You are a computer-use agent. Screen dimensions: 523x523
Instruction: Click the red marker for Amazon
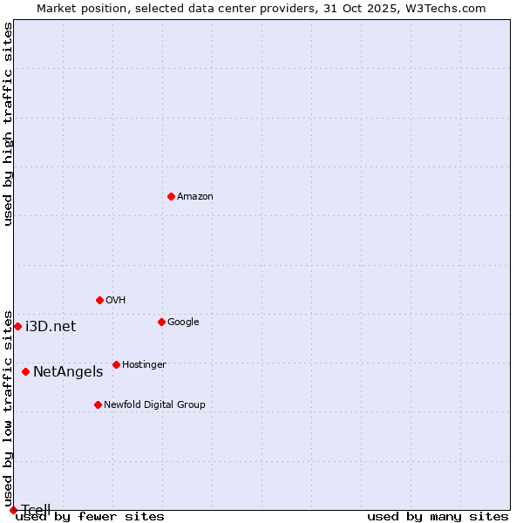pyautogui.click(x=171, y=196)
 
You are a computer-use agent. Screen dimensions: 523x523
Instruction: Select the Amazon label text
pyautogui.click(x=195, y=197)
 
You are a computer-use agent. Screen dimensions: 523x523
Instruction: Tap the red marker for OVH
pyautogui.click(x=99, y=300)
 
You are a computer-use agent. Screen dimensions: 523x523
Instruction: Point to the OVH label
pyautogui.click(x=116, y=301)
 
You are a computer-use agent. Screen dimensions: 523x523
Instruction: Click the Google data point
pyautogui.click(x=161, y=322)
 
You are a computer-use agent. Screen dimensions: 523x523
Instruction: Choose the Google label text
pyautogui.click(x=183, y=323)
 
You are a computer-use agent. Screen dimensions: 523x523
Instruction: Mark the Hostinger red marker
pyautogui.click(x=116, y=364)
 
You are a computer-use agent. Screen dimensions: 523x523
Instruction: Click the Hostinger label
pyautogui.click(x=144, y=365)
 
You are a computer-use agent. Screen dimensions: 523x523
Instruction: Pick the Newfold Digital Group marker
pyautogui.click(x=98, y=404)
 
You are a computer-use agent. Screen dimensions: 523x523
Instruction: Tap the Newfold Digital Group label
pyautogui.click(x=154, y=405)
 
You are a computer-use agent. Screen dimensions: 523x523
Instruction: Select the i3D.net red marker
pyautogui.click(x=17, y=326)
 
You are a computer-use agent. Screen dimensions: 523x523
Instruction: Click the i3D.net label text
pyautogui.click(x=51, y=327)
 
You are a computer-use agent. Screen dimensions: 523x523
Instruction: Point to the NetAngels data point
pyautogui.click(x=25, y=371)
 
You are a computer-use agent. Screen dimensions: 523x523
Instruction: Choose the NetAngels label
pyautogui.click(x=68, y=372)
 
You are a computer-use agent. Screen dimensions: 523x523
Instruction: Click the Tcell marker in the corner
pyautogui.click(x=13, y=510)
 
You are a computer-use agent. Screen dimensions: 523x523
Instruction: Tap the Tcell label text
pyautogui.click(x=36, y=510)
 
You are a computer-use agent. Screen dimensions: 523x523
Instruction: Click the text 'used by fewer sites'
pyautogui.click(x=90, y=517)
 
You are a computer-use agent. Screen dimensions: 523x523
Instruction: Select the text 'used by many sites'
pyautogui.click(x=438, y=517)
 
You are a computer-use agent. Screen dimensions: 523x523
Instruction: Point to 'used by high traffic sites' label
pyautogui.click(x=9, y=124)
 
